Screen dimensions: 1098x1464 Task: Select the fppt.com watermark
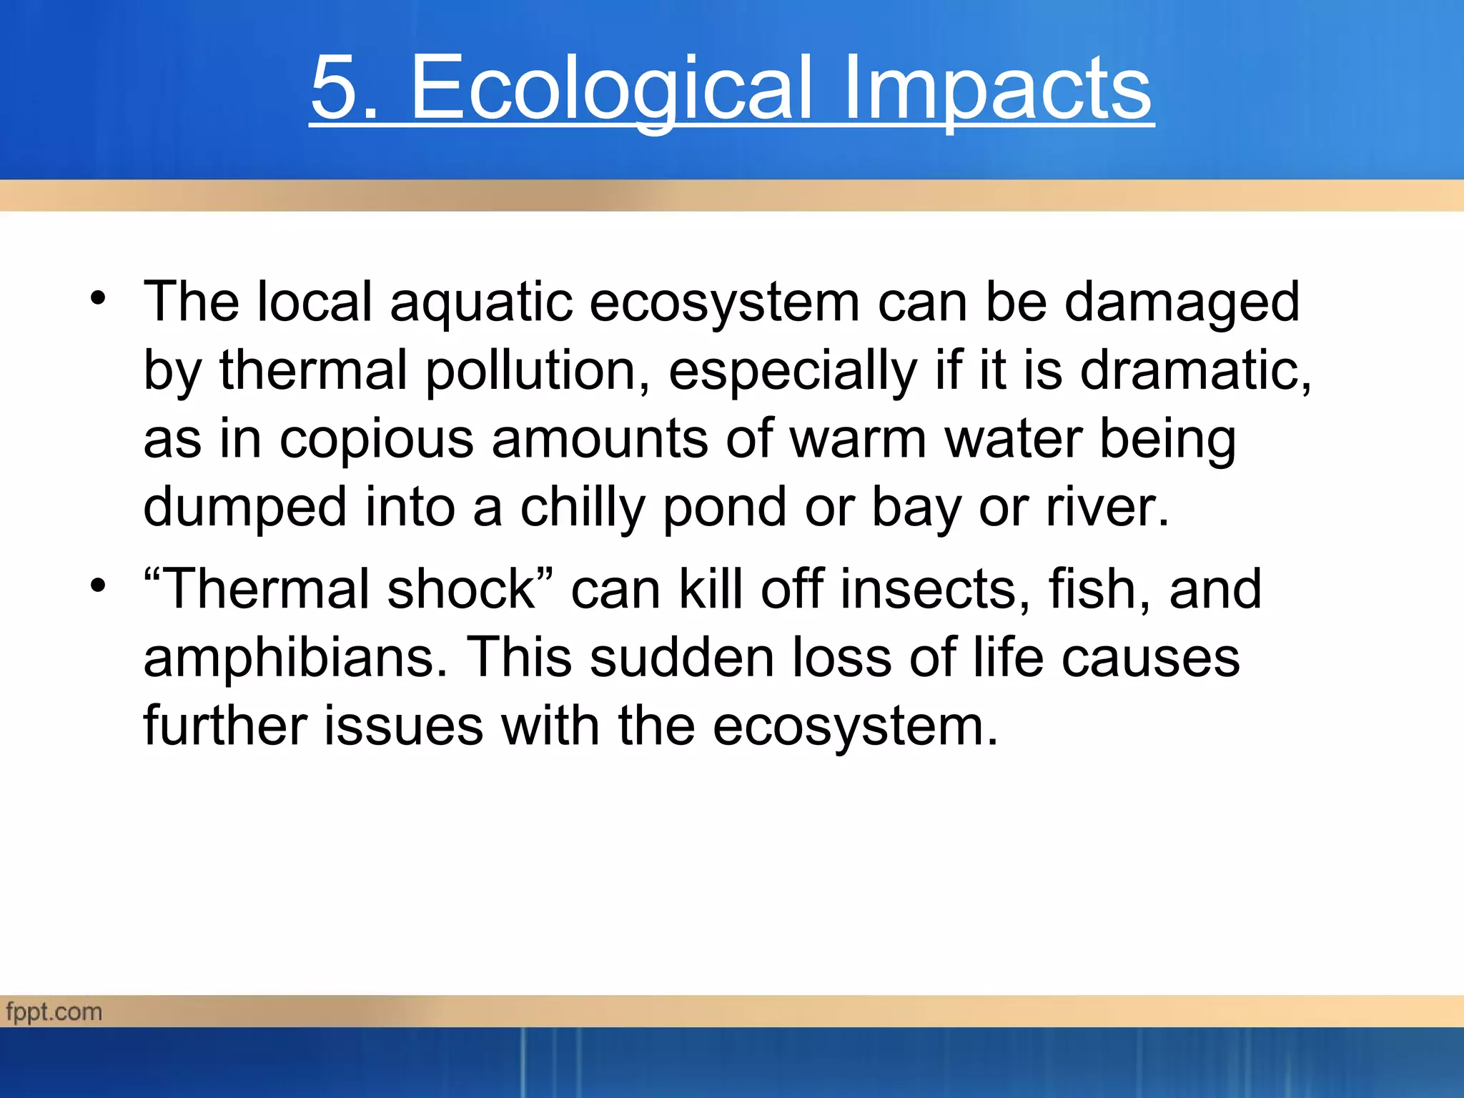[x=54, y=1012]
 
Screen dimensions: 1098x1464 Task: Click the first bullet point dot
[x=98, y=298]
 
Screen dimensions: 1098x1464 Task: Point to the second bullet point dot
[x=98, y=585]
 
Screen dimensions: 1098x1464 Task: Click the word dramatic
[x=1194, y=370]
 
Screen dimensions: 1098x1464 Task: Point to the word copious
[x=376, y=439]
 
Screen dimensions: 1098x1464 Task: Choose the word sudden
[x=682, y=658]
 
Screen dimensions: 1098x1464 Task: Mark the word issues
[x=404, y=726]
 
